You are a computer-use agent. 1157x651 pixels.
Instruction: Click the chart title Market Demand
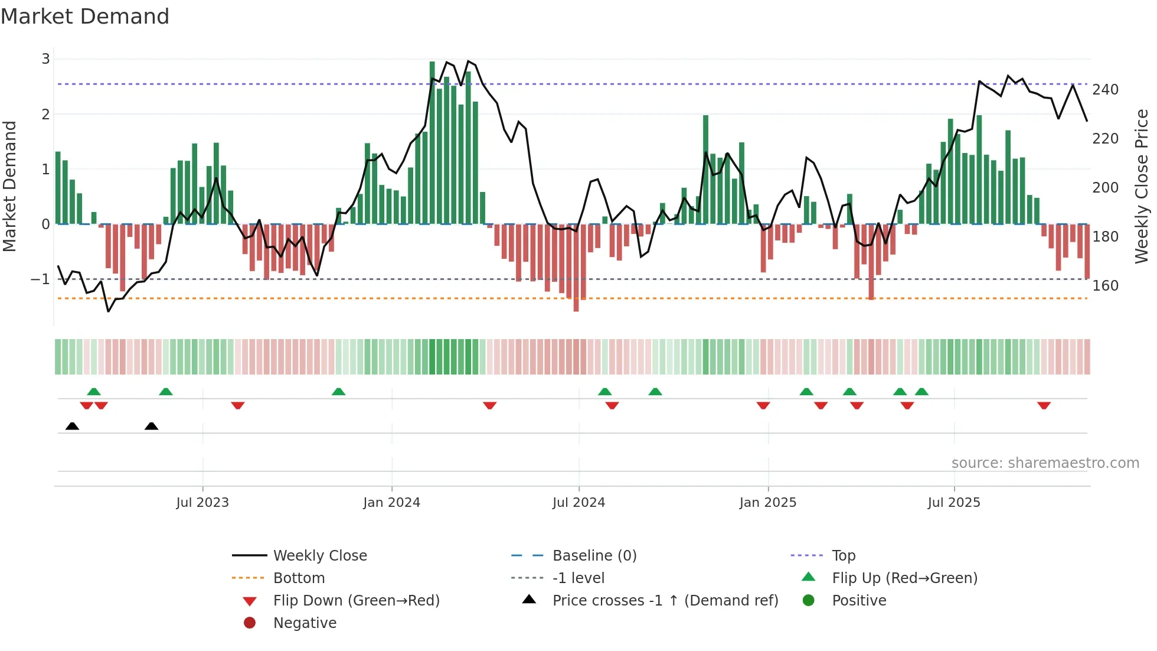(x=85, y=17)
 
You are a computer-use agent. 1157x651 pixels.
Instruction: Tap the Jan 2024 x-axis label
(x=391, y=503)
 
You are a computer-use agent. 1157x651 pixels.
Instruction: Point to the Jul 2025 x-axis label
(x=953, y=503)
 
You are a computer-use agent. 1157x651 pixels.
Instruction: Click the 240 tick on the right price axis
(x=1105, y=90)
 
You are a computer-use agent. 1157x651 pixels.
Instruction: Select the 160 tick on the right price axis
(x=1105, y=286)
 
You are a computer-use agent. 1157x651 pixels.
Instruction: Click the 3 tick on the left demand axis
(x=45, y=59)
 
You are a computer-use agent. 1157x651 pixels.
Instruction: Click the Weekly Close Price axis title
(x=1142, y=186)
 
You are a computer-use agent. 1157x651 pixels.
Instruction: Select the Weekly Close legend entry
(x=319, y=556)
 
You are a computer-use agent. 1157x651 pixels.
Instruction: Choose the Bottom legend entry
(x=299, y=578)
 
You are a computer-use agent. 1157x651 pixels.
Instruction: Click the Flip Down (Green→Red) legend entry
(x=356, y=601)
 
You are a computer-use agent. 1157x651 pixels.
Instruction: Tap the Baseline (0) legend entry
(x=594, y=556)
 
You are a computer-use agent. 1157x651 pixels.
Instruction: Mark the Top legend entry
(x=843, y=556)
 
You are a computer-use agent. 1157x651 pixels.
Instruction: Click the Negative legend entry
(x=305, y=623)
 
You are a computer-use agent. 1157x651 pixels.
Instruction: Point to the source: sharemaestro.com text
(x=1045, y=463)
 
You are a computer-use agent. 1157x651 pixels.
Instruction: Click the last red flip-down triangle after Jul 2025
(x=1044, y=405)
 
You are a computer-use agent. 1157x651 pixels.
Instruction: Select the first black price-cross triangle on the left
(x=72, y=426)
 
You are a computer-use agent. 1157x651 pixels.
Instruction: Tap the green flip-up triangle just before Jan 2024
(x=338, y=392)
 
